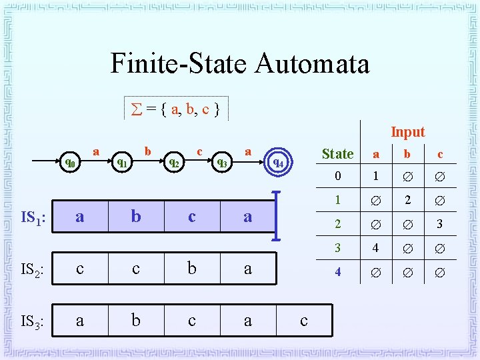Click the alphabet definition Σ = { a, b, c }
pos(177,108)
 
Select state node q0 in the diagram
pos(70,161)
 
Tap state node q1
pos(122,161)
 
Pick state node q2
pos(173,161)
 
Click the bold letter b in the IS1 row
pos(136,217)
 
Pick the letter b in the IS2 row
pos(192,269)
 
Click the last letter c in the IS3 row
pos(304,321)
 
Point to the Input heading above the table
pos(407,132)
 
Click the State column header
pos(337,154)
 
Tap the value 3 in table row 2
pos(439,224)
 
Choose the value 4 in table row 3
pos(376,248)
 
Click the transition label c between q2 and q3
pos(199,151)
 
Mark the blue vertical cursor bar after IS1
pos(276,216)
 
